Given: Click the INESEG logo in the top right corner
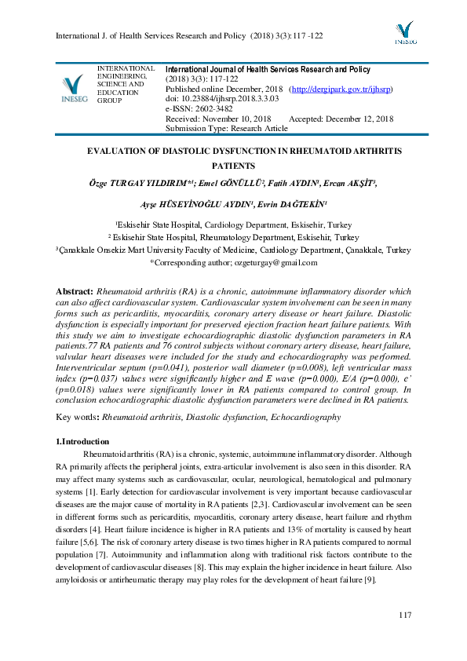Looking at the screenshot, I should point(405,32).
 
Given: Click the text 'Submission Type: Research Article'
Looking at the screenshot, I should point(227,128).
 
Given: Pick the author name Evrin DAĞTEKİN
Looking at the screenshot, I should point(302,203).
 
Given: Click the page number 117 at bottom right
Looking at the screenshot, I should point(405,614).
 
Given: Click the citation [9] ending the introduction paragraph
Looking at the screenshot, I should point(369,579).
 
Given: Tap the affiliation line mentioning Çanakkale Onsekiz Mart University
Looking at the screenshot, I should point(233,250).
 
